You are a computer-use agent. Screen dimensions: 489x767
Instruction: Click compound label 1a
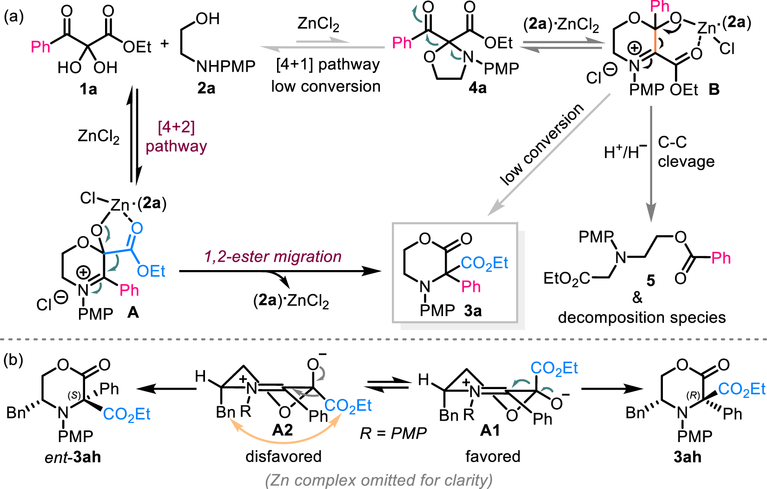[x=88, y=88]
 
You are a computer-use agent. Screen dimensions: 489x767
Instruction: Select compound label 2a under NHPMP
[x=206, y=88]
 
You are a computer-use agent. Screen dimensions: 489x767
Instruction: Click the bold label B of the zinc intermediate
[x=714, y=89]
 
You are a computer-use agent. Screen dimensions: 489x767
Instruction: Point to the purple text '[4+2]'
[x=176, y=127]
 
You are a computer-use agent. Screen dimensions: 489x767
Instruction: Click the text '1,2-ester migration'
[x=273, y=256]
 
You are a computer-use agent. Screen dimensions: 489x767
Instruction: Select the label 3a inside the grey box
[x=473, y=310]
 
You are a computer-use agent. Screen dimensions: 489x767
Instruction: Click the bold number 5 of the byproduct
[x=651, y=281]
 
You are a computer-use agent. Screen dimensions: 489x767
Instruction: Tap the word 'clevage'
[x=686, y=161]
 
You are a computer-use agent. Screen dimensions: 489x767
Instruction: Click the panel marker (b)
[x=13, y=359]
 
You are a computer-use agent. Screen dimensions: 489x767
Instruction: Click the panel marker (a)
[x=13, y=17]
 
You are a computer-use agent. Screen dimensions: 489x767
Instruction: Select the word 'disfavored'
[x=283, y=456]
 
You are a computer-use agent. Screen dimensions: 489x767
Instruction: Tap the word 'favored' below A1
[x=493, y=456]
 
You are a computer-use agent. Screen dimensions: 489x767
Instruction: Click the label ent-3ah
[x=73, y=457]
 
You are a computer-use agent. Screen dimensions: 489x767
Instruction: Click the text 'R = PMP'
[x=393, y=433]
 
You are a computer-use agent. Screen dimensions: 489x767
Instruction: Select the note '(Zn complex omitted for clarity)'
[x=379, y=480]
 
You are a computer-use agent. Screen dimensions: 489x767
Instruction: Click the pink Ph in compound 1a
[x=40, y=46]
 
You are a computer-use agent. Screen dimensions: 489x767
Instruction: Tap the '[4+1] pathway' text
[x=328, y=65]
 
